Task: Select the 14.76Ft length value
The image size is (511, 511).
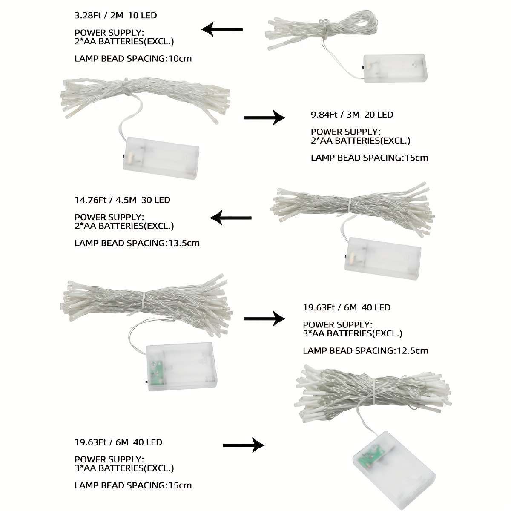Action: (x=90, y=200)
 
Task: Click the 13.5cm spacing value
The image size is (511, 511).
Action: (x=184, y=243)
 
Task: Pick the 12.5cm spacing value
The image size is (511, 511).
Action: (x=412, y=351)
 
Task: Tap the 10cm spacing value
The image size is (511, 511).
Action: (x=180, y=59)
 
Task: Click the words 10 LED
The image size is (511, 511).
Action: (x=143, y=15)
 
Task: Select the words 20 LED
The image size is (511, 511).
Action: (x=379, y=115)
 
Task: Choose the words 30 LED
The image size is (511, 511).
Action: (x=156, y=200)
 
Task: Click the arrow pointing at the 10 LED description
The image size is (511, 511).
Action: (x=222, y=29)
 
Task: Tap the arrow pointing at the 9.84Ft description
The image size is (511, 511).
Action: (x=264, y=118)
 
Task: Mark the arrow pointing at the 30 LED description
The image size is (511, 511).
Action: (x=231, y=218)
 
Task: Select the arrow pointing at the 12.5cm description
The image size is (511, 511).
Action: (x=264, y=319)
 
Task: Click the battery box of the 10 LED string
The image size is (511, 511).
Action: (x=395, y=68)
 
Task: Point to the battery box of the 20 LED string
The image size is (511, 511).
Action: (x=161, y=158)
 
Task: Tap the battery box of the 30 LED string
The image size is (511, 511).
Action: (x=382, y=258)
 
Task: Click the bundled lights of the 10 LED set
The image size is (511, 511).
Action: (x=322, y=30)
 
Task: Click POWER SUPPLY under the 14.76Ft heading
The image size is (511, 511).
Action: (x=109, y=217)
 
